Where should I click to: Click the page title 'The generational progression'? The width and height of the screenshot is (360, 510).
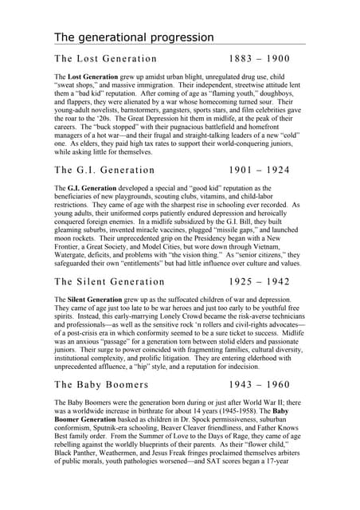(134, 37)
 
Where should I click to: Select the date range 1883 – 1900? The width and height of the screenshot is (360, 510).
(259, 59)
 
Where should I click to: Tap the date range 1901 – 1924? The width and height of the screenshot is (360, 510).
(259, 170)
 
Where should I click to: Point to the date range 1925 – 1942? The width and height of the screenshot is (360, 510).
(259, 281)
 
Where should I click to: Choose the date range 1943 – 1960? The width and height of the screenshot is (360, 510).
(259, 383)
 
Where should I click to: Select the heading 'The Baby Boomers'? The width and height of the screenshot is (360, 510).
(101, 383)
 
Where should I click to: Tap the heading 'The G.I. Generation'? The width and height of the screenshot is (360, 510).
(104, 170)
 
